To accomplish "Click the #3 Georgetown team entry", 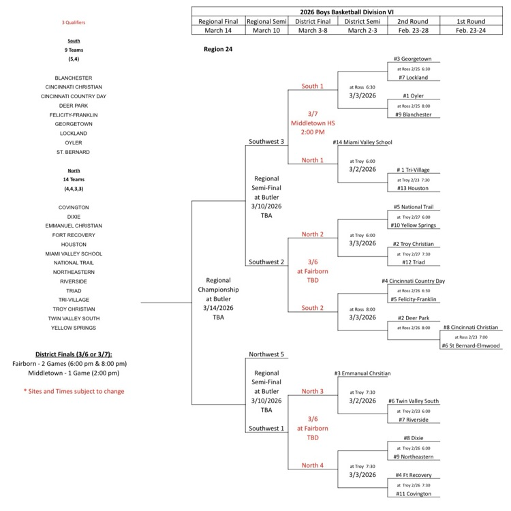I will pyautogui.click(x=413, y=59).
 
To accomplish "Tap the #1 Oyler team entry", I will pyautogui.click(x=413, y=96).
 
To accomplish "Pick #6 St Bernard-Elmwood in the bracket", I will pyautogui.click(x=470, y=345).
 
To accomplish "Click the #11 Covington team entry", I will pyautogui.click(x=413, y=493).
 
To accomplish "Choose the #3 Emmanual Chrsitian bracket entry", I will pyautogui.click(x=363, y=373).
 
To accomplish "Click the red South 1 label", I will pyautogui.click(x=313, y=87).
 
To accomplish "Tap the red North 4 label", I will pyautogui.click(x=313, y=465).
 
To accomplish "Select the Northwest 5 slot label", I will pyautogui.click(x=266, y=354).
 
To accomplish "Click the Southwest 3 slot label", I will pyautogui.click(x=266, y=142).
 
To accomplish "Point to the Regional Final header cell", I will pyautogui.click(x=218, y=21).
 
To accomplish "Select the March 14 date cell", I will pyautogui.click(x=218, y=31).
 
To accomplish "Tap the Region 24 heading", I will pyautogui.click(x=218, y=50).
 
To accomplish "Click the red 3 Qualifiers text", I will pyautogui.click(x=74, y=22).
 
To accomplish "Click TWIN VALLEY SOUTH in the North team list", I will pyautogui.click(x=74, y=318).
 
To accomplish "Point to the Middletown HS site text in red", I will pyautogui.click(x=313, y=123).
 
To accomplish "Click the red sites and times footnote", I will pyautogui.click(x=74, y=392).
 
